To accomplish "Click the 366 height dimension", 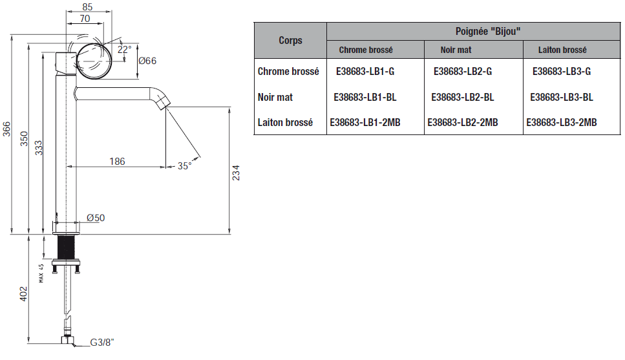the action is pyautogui.click(x=6, y=129).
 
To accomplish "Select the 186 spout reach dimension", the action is pyautogui.click(x=117, y=162).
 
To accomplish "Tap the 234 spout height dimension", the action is pyautogui.click(x=236, y=173).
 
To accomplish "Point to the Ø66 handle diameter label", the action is pyautogui.click(x=147, y=61).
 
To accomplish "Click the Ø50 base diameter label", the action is pyautogui.click(x=96, y=218).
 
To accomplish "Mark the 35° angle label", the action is pyautogui.click(x=185, y=165).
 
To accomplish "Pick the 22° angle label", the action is pyautogui.click(x=124, y=49).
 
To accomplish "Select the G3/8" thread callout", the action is pyautogui.click(x=102, y=342).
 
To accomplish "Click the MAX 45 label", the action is pyautogui.click(x=41, y=273).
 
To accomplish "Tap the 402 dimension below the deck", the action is pyautogui.click(x=23, y=294).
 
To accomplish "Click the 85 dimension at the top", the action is pyautogui.click(x=87, y=6).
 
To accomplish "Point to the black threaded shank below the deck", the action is pyautogui.click(x=66, y=247).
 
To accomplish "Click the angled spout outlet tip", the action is pyautogui.click(x=164, y=104).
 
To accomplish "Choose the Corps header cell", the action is pyautogui.click(x=291, y=40).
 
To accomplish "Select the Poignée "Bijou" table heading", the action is pyautogui.click(x=488, y=31).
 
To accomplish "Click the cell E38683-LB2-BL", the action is pyautogui.click(x=463, y=98).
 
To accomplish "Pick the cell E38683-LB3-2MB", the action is pyautogui.click(x=562, y=122).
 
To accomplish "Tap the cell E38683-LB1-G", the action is pyautogui.click(x=365, y=71).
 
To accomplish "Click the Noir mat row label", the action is pyautogui.click(x=275, y=98).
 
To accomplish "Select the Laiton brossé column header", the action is pyautogui.click(x=562, y=50).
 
